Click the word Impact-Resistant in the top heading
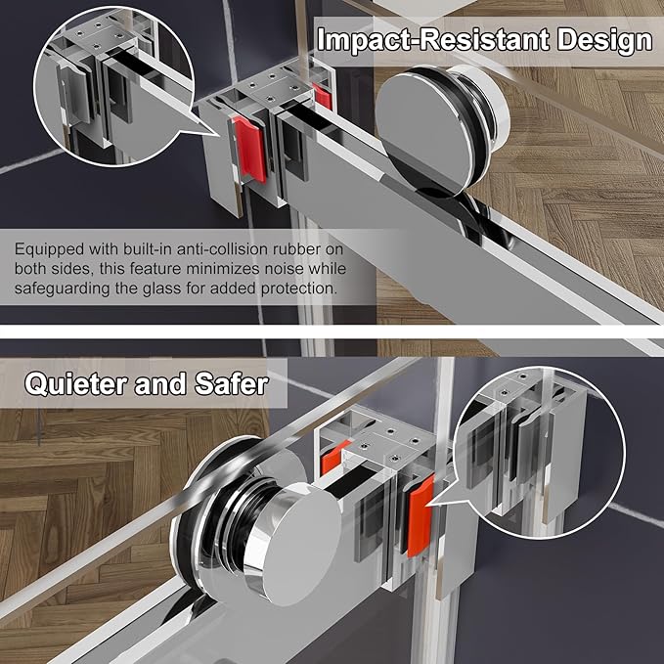click(433, 40)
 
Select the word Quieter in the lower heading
click(76, 384)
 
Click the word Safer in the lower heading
click(231, 383)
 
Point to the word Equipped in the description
click(50, 249)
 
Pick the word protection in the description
click(299, 288)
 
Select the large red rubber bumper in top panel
click(249, 150)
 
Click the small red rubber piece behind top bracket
click(323, 96)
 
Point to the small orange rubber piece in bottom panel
click(334, 457)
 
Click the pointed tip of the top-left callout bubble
click(219, 136)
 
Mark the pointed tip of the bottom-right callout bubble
click(427, 505)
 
